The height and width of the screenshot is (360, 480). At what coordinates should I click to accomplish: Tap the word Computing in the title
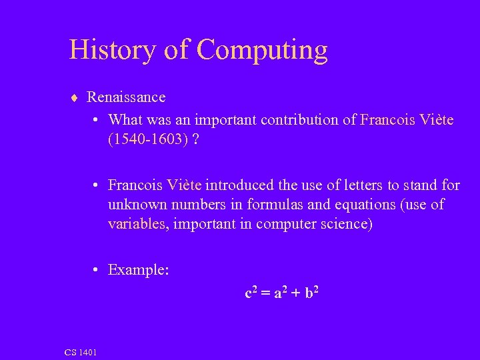(x=262, y=51)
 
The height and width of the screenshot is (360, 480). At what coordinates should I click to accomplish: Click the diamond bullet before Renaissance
(x=74, y=97)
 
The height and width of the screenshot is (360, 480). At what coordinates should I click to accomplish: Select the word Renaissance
(x=126, y=97)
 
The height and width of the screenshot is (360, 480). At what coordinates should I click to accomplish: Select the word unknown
(x=137, y=204)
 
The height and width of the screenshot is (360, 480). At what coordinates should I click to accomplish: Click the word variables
(x=138, y=224)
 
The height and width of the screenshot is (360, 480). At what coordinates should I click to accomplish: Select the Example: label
(x=138, y=269)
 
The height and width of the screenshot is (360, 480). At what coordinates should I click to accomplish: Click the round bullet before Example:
(x=97, y=269)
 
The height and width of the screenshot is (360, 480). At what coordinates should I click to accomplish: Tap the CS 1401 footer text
(x=81, y=351)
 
